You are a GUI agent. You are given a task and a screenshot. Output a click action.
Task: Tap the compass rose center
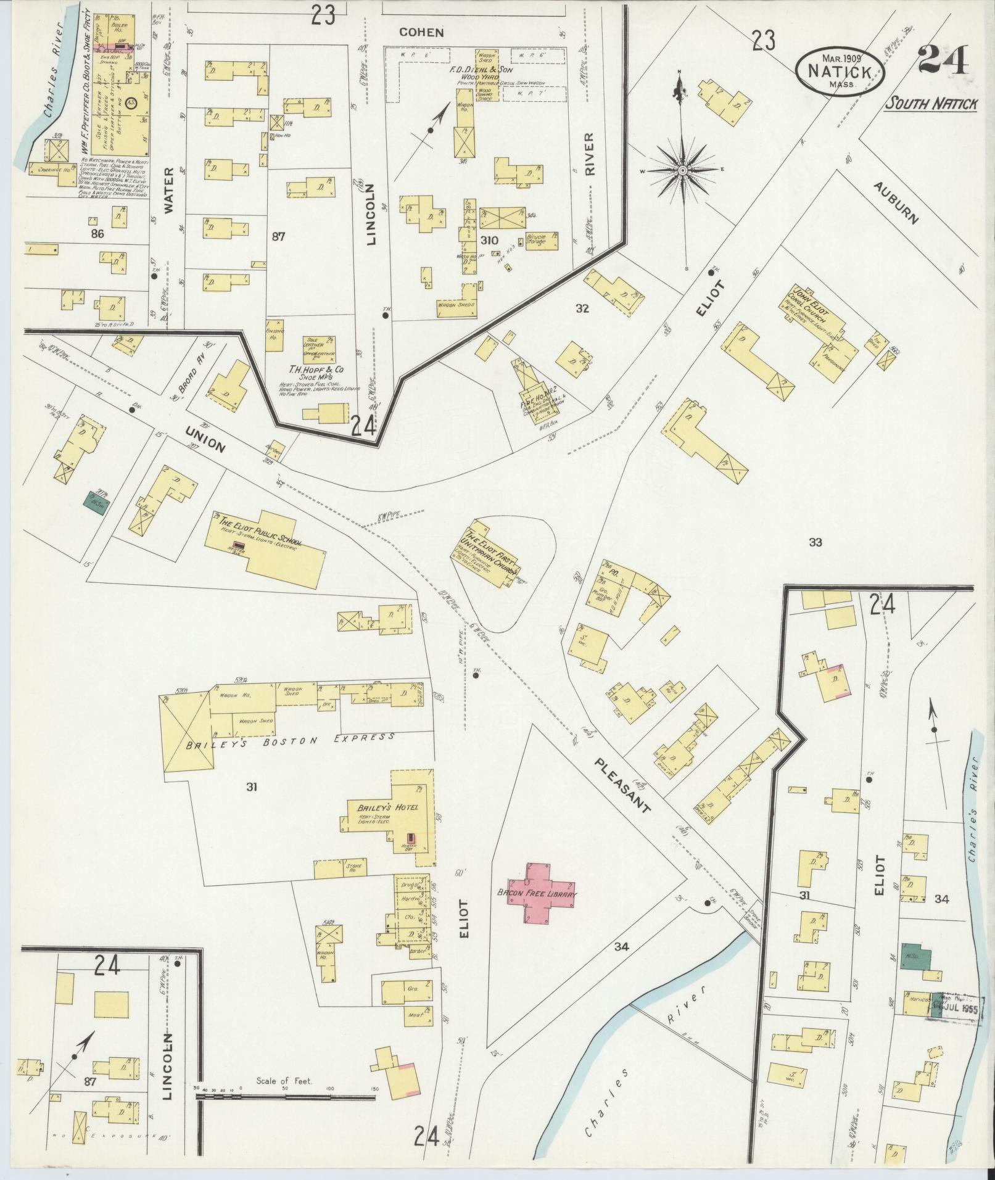(x=683, y=170)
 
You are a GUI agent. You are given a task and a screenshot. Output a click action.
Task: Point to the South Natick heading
(x=931, y=104)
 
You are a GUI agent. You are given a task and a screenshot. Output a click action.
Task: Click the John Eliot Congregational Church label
(x=812, y=308)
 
